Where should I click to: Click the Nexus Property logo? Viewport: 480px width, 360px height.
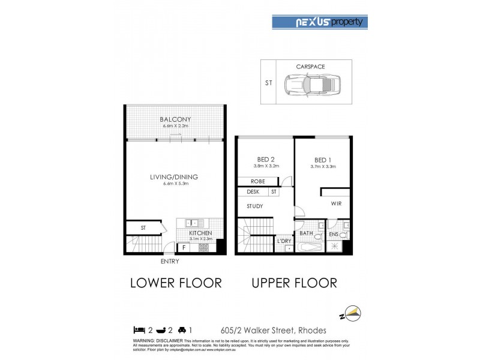(x=320, y=22)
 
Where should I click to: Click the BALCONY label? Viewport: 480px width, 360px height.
(x=175, y=119)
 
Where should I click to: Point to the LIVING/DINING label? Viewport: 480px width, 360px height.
(x=174, y=177)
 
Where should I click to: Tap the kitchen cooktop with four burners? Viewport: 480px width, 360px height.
(x=203, y=247)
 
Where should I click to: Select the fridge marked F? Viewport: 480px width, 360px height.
(x=183, y=247)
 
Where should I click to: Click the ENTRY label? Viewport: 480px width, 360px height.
(x=170, y=262)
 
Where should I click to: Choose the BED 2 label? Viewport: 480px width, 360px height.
(x=264, y=160)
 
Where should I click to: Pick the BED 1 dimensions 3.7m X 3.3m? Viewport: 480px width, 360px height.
(x=324, y=167)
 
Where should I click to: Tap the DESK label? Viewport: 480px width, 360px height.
(x=253, y=192)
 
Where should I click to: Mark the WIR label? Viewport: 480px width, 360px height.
(x=336, y=204)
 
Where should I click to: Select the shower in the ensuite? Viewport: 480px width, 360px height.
(x=335, y=247)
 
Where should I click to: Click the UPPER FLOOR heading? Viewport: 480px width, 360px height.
(x=294, y=283)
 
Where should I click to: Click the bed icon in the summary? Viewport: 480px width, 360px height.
(x=139, y=329)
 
